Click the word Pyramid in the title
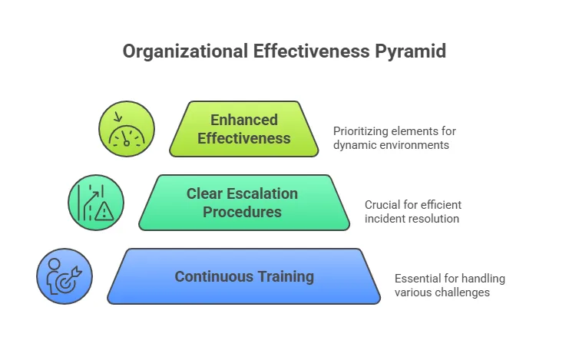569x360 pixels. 410,51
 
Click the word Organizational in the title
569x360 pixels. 185,51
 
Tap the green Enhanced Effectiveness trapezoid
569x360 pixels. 244,129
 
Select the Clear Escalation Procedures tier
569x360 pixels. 244,203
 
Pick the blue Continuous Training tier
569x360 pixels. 244,276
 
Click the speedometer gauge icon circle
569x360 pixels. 127,129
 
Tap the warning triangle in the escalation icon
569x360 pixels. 104,212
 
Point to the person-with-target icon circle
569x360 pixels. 65,276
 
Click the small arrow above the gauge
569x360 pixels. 117,117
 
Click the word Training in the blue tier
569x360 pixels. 286,277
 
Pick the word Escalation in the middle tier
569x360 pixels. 263,193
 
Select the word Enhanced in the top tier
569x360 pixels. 244,120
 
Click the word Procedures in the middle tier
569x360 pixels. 242,212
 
